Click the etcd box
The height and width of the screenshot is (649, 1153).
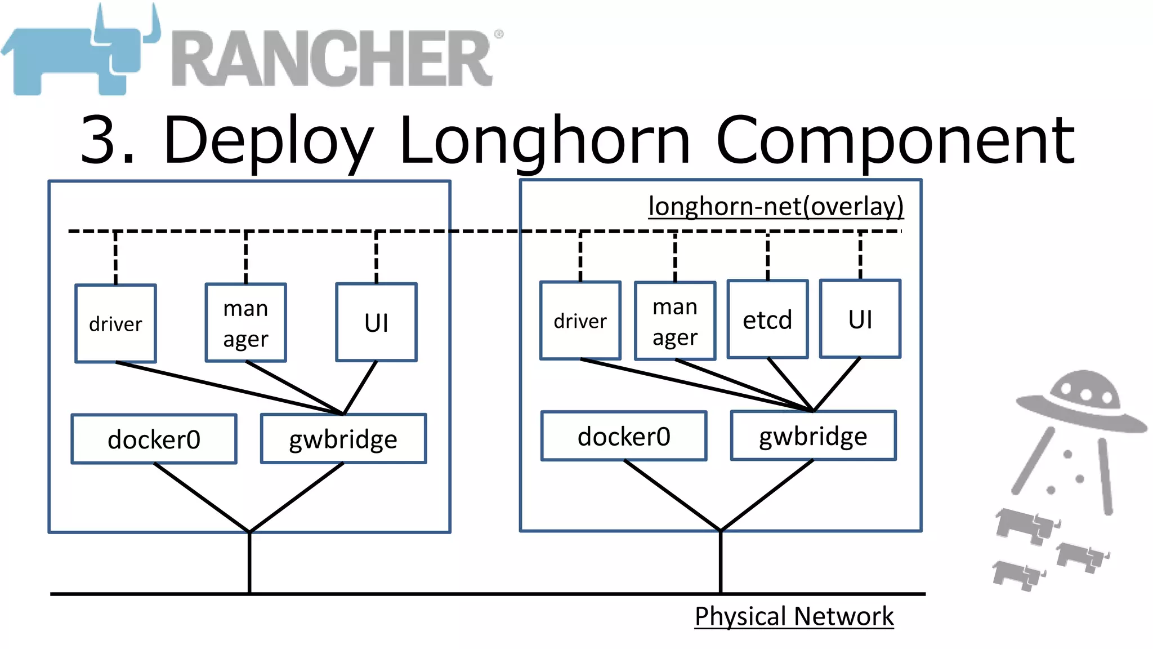tap(767, 319)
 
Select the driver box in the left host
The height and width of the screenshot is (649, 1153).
tap(115, 324)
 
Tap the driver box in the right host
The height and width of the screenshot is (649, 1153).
tap(580, 321)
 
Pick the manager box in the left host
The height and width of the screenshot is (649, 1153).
tap(245, 323)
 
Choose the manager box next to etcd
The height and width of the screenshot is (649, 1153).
tap(675, 321)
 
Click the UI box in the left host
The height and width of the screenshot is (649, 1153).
tap(376, 323)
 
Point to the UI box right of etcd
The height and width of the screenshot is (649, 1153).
tap(860, 319)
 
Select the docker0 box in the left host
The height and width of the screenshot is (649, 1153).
tap(154, 439)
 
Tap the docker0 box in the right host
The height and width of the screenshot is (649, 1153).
tap(624, 437)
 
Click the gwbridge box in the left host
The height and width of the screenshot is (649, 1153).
tap(343, 439)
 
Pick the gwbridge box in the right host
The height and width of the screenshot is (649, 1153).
tap(813, 436)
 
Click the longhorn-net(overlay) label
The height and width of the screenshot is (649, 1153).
tap(776, 206)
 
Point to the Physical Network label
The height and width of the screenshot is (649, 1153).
tap(794, 616)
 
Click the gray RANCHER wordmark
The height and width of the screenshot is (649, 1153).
tap(332, 59)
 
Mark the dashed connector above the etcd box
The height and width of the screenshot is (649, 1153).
tap(767, 256)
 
